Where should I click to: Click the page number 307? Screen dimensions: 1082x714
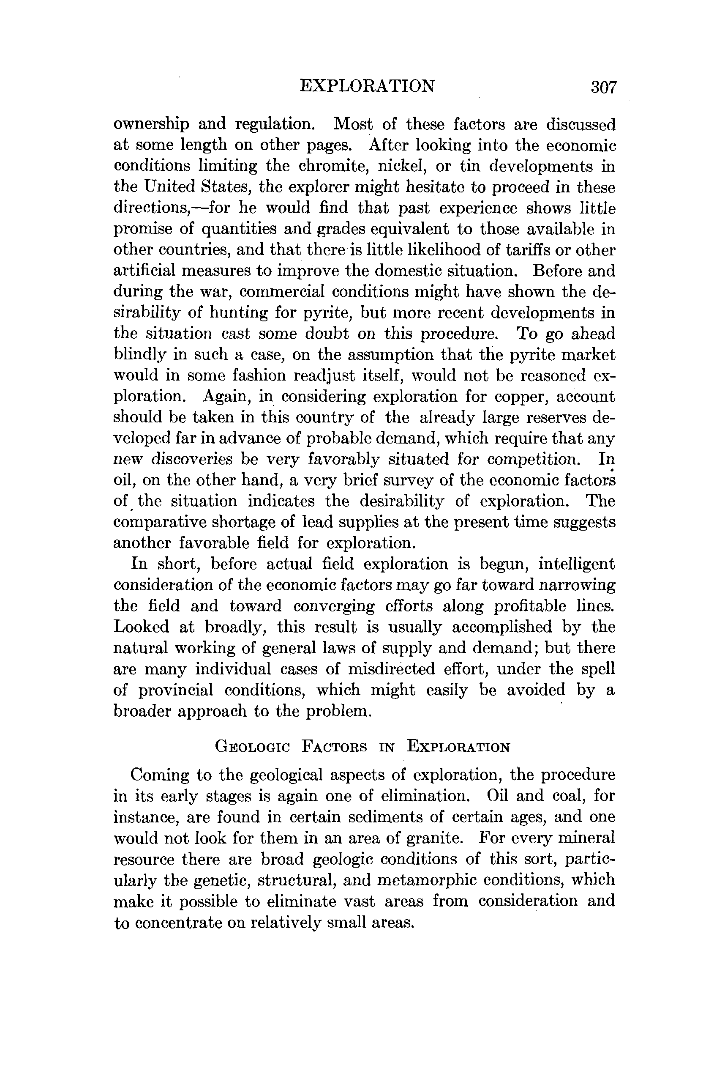coord(603,87)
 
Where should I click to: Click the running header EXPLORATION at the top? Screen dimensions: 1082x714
coord(368,86)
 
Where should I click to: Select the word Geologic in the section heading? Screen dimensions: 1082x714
coord(252,748)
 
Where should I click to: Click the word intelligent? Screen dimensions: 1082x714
coord(577,564)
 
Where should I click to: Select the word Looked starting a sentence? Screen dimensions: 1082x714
coord(141,627)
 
